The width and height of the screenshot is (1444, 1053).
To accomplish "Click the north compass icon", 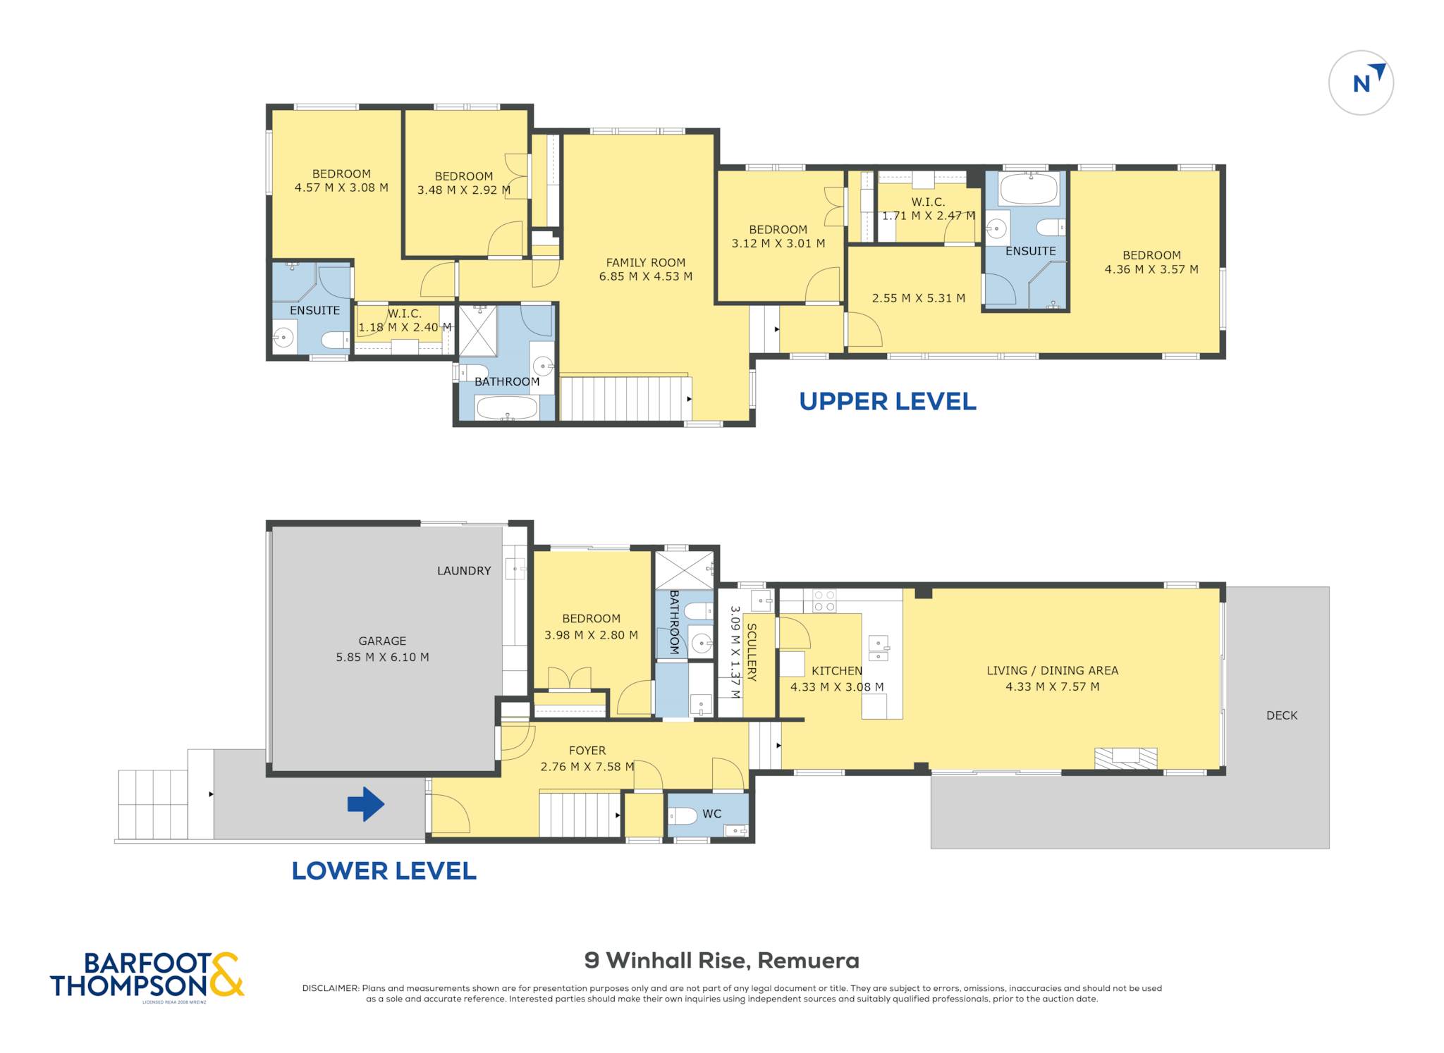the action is pos(1361,82).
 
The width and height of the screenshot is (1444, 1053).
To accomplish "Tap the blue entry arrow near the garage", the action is pos(366,804).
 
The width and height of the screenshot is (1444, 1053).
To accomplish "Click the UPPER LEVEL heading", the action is pos(888,401).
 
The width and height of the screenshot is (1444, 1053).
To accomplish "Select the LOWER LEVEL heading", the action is pos(384,870).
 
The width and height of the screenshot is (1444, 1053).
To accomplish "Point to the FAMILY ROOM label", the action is pos(646,262).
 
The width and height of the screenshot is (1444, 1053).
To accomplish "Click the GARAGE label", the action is pos(382,641).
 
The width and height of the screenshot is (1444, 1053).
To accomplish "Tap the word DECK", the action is pos(1282,715).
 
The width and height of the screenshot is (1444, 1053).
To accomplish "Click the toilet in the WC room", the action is pos(682,816).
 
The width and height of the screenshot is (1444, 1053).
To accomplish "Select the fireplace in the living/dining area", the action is pos(1125,758).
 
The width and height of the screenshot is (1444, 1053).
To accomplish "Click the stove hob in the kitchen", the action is pos(824,601).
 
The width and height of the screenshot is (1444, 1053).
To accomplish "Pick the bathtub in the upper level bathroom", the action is pos(506,407).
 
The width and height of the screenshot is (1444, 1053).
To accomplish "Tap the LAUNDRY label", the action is pos(464,571).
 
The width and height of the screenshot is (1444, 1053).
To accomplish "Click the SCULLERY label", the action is pos(752,652).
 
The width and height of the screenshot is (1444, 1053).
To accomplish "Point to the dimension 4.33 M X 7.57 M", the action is pos(1052,686).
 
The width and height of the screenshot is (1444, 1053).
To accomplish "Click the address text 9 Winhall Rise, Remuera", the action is pos(722,961).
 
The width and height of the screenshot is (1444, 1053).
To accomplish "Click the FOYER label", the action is pos(587,751).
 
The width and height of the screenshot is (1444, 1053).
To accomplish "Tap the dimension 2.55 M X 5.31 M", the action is pos(919,298).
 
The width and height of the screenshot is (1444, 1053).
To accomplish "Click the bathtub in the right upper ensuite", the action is pos(1029,188).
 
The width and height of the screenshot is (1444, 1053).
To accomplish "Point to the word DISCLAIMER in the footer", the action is pos(331,988).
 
